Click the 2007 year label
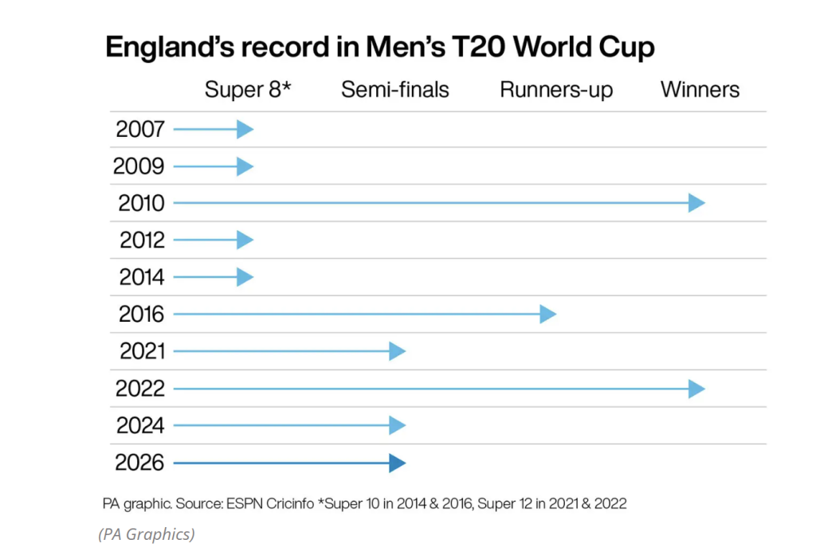pyautogui.click(x=140, y=129)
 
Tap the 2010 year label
pyautogui.click(x=141, y=203)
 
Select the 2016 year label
pyautogui.click(x=141, y=315)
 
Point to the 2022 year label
pyautogui.click(x=139, y=389)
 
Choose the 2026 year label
pyautogui.click(x=139, y=463)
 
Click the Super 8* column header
pyautogui.click(x=248, y=89)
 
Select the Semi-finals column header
pyautogui.click(x=394, y=89)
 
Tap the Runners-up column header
pyautogui.click(x=556, y=90)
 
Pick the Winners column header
pyautogui.click(x=700, y=89)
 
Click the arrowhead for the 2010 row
pyautogui.click(x=697, y=203)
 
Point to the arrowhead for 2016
pyautogui.click(x=547, y=315)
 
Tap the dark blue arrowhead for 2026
pyautogui.click(x=397, y=463)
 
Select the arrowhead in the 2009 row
pyautogui.click(x=245, y=166)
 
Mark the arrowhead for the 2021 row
pyautogui.click(x=397, y=351)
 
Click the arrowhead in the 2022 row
pyautogui.click(x=697, y=389)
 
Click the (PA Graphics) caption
pyautogui.click(x=147, y=534)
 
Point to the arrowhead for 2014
pyautogui.click(x=245, y=277)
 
